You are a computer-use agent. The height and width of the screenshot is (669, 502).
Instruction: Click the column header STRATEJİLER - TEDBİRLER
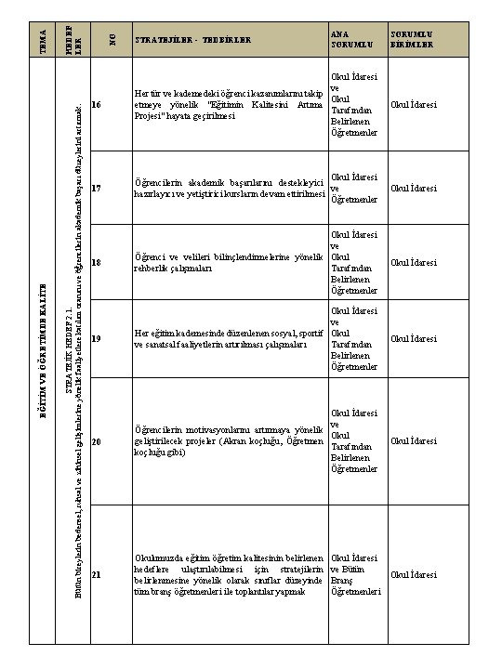pyautogui.click(x=192, y=41)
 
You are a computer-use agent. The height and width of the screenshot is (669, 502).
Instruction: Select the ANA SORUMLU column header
pyautogui.click(x=346, y=36)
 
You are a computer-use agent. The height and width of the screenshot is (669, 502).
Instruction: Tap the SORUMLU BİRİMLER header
pyautogui.click(x=412, y=36)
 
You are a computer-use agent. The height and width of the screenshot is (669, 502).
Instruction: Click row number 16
pyautogui.click(x=98, y=105)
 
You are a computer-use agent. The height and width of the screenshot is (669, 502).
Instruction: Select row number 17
pyautogui.click(x=98, y=189)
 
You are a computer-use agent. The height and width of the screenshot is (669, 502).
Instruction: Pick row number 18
pyautogui.click(x=98, y=263)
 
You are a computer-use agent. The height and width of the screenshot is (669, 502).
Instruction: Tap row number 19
pyautogui.click(x=98, y=339)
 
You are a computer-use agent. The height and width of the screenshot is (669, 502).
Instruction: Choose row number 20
pyautogui.click(x=98, y=440)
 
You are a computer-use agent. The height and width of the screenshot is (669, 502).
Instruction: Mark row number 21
pyautogui.click(x=98, y=574)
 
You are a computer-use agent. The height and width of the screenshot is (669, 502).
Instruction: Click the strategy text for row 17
pyautogui.click(x=229, y=189)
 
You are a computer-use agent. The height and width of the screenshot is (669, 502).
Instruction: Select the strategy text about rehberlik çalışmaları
pyautogui.click(x=229, y=262)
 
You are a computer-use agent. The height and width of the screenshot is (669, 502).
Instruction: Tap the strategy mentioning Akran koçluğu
pyautogui.click(x=229, y=435)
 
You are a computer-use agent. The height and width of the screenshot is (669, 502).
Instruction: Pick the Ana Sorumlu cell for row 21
pyautogui.click(x=355, y=574)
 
